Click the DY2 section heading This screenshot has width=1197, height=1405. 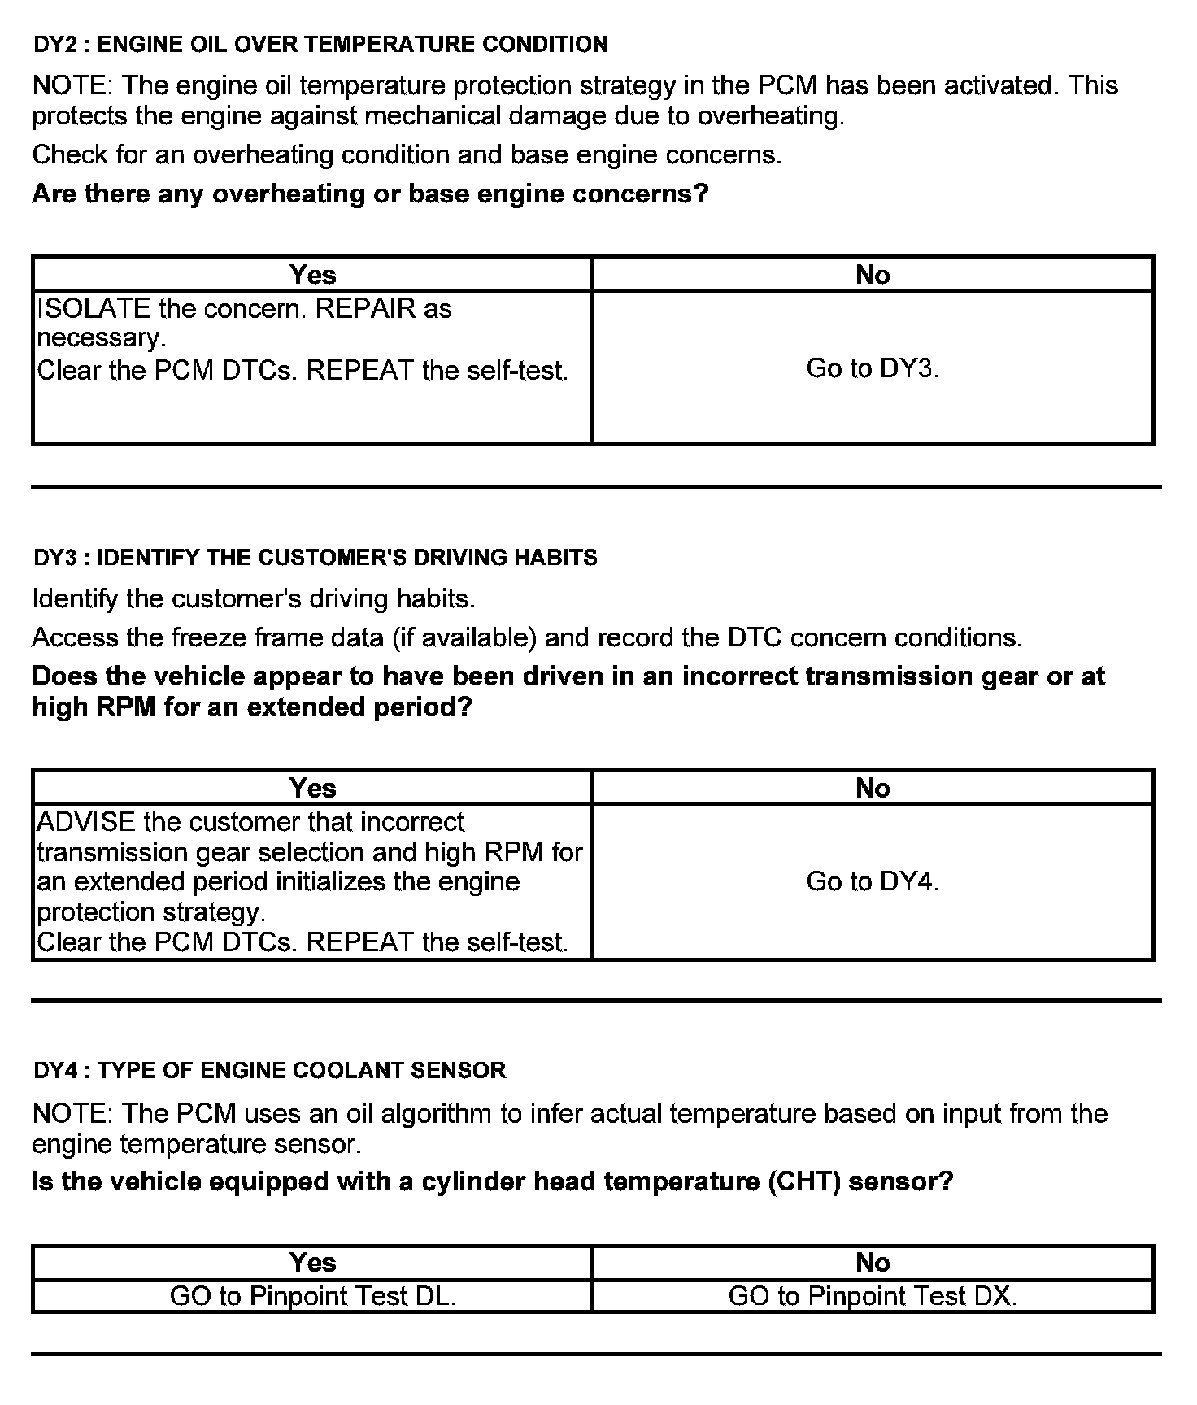point(320,44)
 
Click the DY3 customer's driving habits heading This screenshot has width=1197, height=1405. point(316,557)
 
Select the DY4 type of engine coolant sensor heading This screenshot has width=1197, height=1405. point(270,1070)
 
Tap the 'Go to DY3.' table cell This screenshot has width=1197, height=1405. point(873,368)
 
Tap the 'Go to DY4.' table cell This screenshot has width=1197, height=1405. point(873,881)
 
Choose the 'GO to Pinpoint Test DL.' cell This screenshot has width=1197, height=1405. point(312,1296)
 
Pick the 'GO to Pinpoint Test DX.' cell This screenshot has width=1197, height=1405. point(873,1296)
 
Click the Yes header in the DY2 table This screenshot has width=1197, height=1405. point(312,275)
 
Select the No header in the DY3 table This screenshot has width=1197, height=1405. point(873,788)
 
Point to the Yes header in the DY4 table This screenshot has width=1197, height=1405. point(312,1262)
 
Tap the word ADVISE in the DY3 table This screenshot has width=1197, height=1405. point(86,822)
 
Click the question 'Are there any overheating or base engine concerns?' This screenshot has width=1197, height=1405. point(370,194)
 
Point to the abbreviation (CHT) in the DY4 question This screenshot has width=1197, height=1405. point(803,1181)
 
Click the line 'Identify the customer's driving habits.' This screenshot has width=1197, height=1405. point(253,599)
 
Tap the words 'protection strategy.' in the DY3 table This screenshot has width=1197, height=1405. point(151,912)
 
